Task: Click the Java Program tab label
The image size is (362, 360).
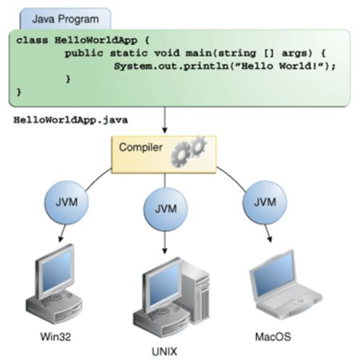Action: (65, 19)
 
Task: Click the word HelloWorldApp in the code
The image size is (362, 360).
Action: (96, 40)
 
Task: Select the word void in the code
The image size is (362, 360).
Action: (167, 53)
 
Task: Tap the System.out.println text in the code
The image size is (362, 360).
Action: (171, 66)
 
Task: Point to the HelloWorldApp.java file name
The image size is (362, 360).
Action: (70, 120)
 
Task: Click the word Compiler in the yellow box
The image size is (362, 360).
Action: (141, 147)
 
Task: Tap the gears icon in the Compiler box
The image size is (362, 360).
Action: (189, 152)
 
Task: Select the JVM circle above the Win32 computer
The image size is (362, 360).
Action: (67, 202)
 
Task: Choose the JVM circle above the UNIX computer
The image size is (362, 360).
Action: (165, 210)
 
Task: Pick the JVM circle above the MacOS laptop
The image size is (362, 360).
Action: (265, 202)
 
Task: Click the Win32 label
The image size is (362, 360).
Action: (56, 337)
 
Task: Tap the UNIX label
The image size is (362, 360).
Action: (165, 351)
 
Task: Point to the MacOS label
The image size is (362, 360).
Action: (273, 337)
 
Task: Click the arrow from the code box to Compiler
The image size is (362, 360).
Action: (165, 120)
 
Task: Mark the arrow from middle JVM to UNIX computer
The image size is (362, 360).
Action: (165, 242)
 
